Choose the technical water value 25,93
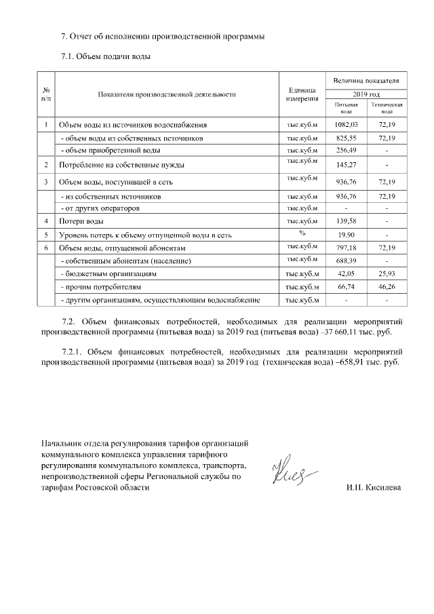(386, 274)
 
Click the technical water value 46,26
(386, 287)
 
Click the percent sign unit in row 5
(302, 233)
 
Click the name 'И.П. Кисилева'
(373, 488)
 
